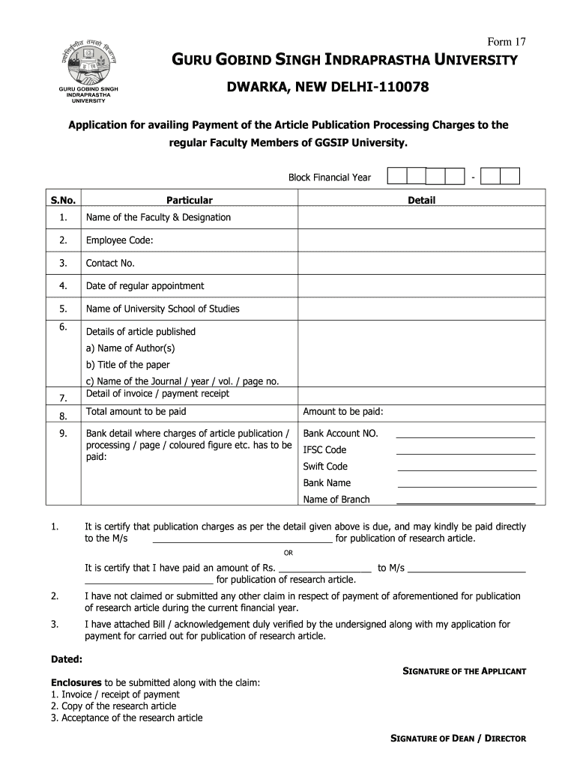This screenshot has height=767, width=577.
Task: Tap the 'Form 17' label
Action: point(507,40)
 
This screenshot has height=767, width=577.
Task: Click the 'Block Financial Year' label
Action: point(330,178)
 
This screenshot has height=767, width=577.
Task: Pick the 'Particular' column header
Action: point(190,200)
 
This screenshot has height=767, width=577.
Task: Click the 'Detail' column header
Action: point(421,200)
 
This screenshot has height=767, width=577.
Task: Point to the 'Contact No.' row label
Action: point(110,263)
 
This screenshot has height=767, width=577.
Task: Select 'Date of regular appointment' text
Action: point(145,285)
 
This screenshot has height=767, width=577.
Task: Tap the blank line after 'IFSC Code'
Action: point(465,452)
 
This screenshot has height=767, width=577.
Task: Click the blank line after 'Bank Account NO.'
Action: point(465,435)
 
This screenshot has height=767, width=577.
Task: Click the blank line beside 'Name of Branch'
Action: point(465,502)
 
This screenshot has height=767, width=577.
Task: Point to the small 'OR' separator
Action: point(288,553)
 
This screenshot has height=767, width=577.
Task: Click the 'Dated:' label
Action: point(67,660)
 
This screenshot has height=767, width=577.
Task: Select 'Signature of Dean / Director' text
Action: point(459,739)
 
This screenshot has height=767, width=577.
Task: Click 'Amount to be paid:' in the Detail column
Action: point(343,412)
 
